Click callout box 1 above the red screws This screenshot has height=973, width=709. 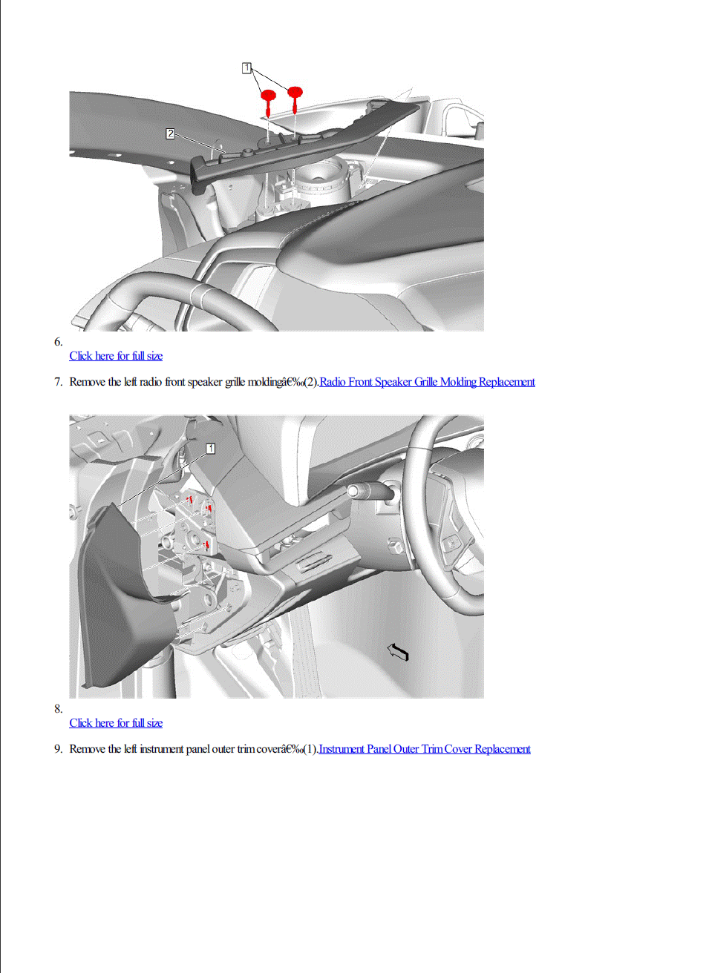(x=246, y=67)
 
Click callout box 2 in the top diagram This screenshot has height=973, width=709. (x=170, y=133)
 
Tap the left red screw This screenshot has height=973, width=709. (x=268, y=102)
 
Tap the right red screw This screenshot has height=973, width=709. (x=295, y=99)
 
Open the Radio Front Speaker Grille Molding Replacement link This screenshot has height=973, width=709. (x=427, y=382)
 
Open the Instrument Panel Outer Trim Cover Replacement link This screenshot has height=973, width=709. (x=425, y=749)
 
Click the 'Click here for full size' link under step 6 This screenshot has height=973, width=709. (x=116, y=356)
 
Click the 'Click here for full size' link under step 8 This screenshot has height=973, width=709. (x=116, y=723)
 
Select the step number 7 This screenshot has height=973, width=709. (x=59, y=382)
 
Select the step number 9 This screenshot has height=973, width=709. (x=59, y=749)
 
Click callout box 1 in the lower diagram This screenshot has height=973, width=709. (x=210, y=448)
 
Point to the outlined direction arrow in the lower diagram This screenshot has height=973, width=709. (x=398, y=652)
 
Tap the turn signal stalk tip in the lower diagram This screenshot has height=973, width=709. (x=353, y=491)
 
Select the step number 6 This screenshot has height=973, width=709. (x=59, y=342)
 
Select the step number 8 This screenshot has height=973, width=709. (x=59, y=709)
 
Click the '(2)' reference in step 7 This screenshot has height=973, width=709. (x=311, y=382)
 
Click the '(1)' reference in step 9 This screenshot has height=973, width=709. (x=311, y=749)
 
